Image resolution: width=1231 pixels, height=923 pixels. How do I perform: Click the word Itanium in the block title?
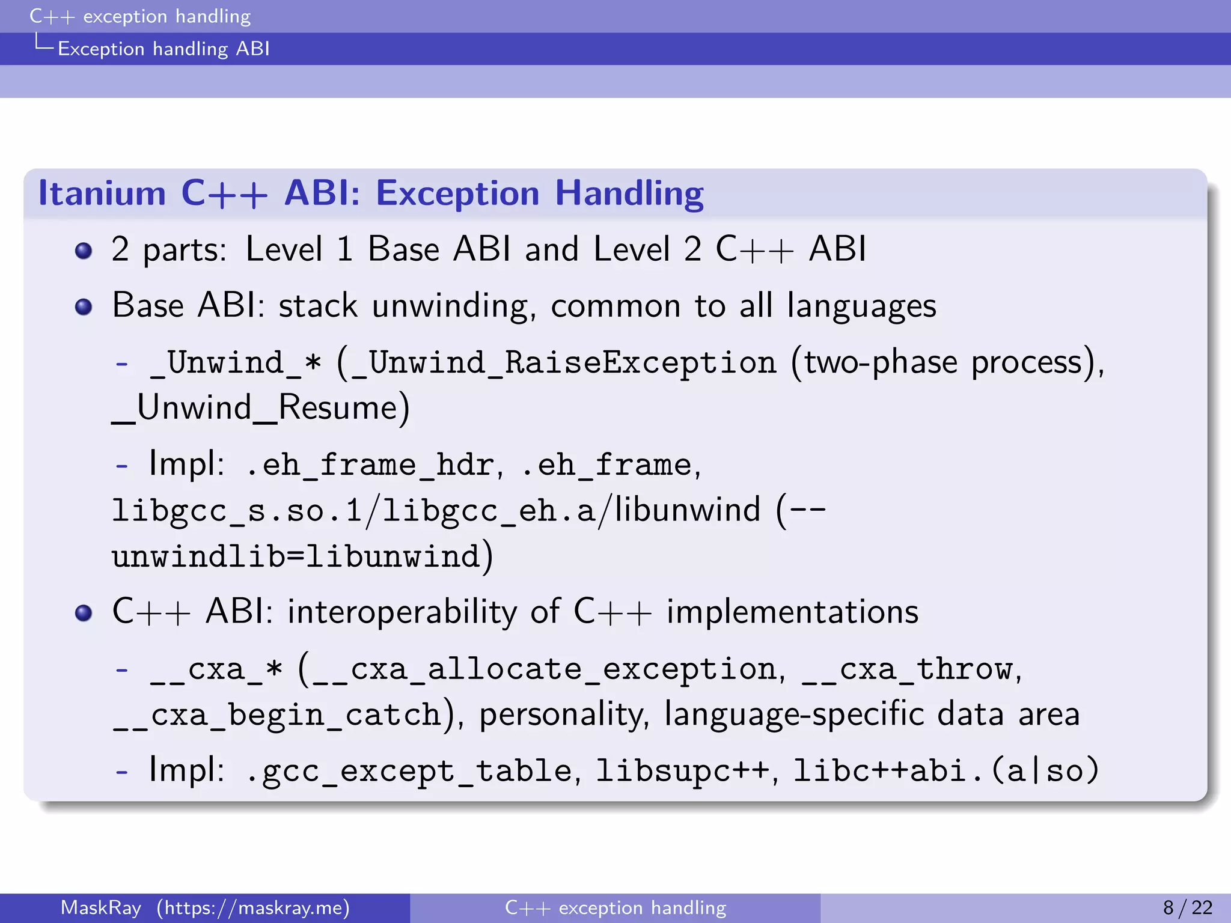pyautogui.click(x=102, y=193)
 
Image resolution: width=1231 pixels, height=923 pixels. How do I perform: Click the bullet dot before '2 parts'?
pyautogui.click(x=84, y=250)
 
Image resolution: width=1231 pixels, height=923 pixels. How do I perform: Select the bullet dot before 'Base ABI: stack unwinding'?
pyautogui.click(x=84, y=307)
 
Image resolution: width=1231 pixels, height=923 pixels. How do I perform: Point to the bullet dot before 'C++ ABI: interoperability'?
pyautogui.click(x=84, y=613)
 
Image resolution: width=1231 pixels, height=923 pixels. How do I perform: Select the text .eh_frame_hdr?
pyautogui.click(x=370, y=465)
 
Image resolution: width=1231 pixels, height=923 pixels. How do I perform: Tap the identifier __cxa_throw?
pyautogui.click(x=907, y=669)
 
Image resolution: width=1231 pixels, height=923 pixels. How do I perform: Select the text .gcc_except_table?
pyautogui.click(x=409, y=772)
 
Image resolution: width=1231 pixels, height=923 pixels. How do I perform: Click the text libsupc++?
pyautogui.click(x=682, y=772)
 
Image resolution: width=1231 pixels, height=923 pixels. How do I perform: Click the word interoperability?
pyautogui.click(x=402, y=613)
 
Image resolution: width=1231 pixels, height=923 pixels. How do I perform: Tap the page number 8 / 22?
pyautogui.click(x=1188, y=907)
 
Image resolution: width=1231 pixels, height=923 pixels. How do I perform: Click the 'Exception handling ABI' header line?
pyautogui.click(x=163, y=49)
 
